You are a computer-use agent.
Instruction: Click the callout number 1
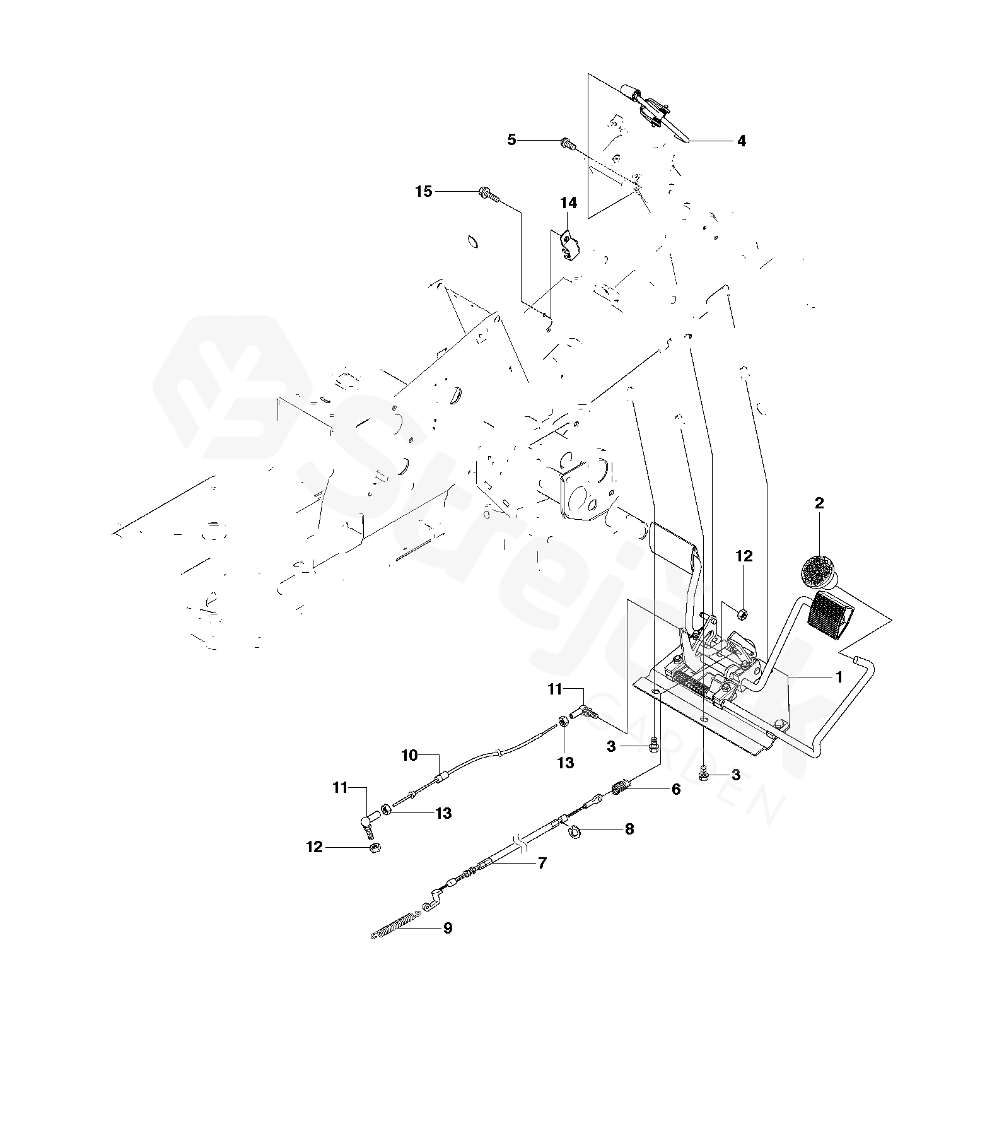pyautogui.click(x=839, y=677)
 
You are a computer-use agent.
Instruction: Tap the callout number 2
pyautogui.click(x=819, y=503)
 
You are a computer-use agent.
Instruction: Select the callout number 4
pyautogui.click(x=742, y=141)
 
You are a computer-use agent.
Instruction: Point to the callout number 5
pyautogui.click(x=511, y=140)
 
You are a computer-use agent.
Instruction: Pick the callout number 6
pyautogui.click(x=675, y=788)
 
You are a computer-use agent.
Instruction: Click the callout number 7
pyautogui.click(x=542, y=863)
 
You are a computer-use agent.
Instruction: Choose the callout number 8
pyautogui.click(x=629, y=829)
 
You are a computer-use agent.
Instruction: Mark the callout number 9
pyautogui.click(x=448, y=928)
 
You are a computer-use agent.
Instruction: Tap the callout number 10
pyautogui.click(x=410, y=754)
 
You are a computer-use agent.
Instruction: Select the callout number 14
pyautogui.click(x=568, y=202)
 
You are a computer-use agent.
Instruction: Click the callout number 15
pyautogui.click(x=424, y=191)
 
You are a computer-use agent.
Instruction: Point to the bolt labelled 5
pyautogui.click(x=566, y=144)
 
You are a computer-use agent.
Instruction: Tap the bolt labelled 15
pyautogui.click(x=489, y=194)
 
